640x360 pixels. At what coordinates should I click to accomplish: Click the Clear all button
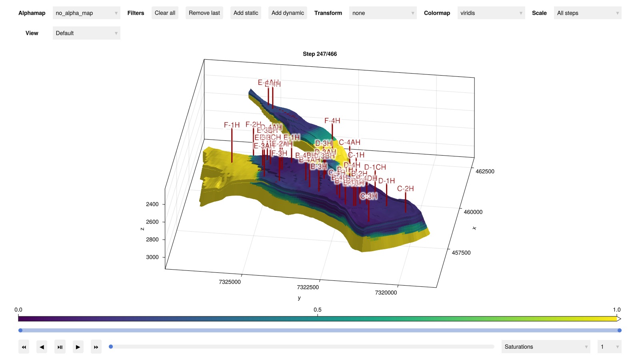[x=165, y=13]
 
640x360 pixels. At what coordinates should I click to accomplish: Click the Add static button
[x=246, y=13]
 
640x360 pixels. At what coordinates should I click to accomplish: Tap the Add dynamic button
[x=288, y=13]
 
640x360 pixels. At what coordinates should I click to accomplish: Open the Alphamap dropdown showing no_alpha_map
[x=86, y=13]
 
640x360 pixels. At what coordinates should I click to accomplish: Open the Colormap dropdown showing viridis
[x=491, y=13]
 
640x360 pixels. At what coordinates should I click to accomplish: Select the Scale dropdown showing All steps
[x=587, y=13]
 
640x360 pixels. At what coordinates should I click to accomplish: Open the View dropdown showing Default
[x=86, y=33]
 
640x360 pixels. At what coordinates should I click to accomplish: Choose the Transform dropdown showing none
[x=382, y=13]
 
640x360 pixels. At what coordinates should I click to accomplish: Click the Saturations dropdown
[x=546, y=347]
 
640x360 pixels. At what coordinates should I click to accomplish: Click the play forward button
[x=78, y=347]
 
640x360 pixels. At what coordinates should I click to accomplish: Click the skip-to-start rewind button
[x=24, y=347]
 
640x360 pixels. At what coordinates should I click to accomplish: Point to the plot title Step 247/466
[x=320, y=54]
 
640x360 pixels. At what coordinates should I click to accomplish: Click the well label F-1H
[x=232, y=125]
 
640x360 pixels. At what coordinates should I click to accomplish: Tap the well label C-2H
[x=405, y=189]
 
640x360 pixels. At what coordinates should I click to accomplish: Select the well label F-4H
[x=332, y=121]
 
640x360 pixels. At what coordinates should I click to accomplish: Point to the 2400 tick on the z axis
[x=152, y=204]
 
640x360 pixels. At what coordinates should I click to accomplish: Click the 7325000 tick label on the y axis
[x=230, y=282]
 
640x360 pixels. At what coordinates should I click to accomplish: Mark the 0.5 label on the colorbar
[x=317, y=310]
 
